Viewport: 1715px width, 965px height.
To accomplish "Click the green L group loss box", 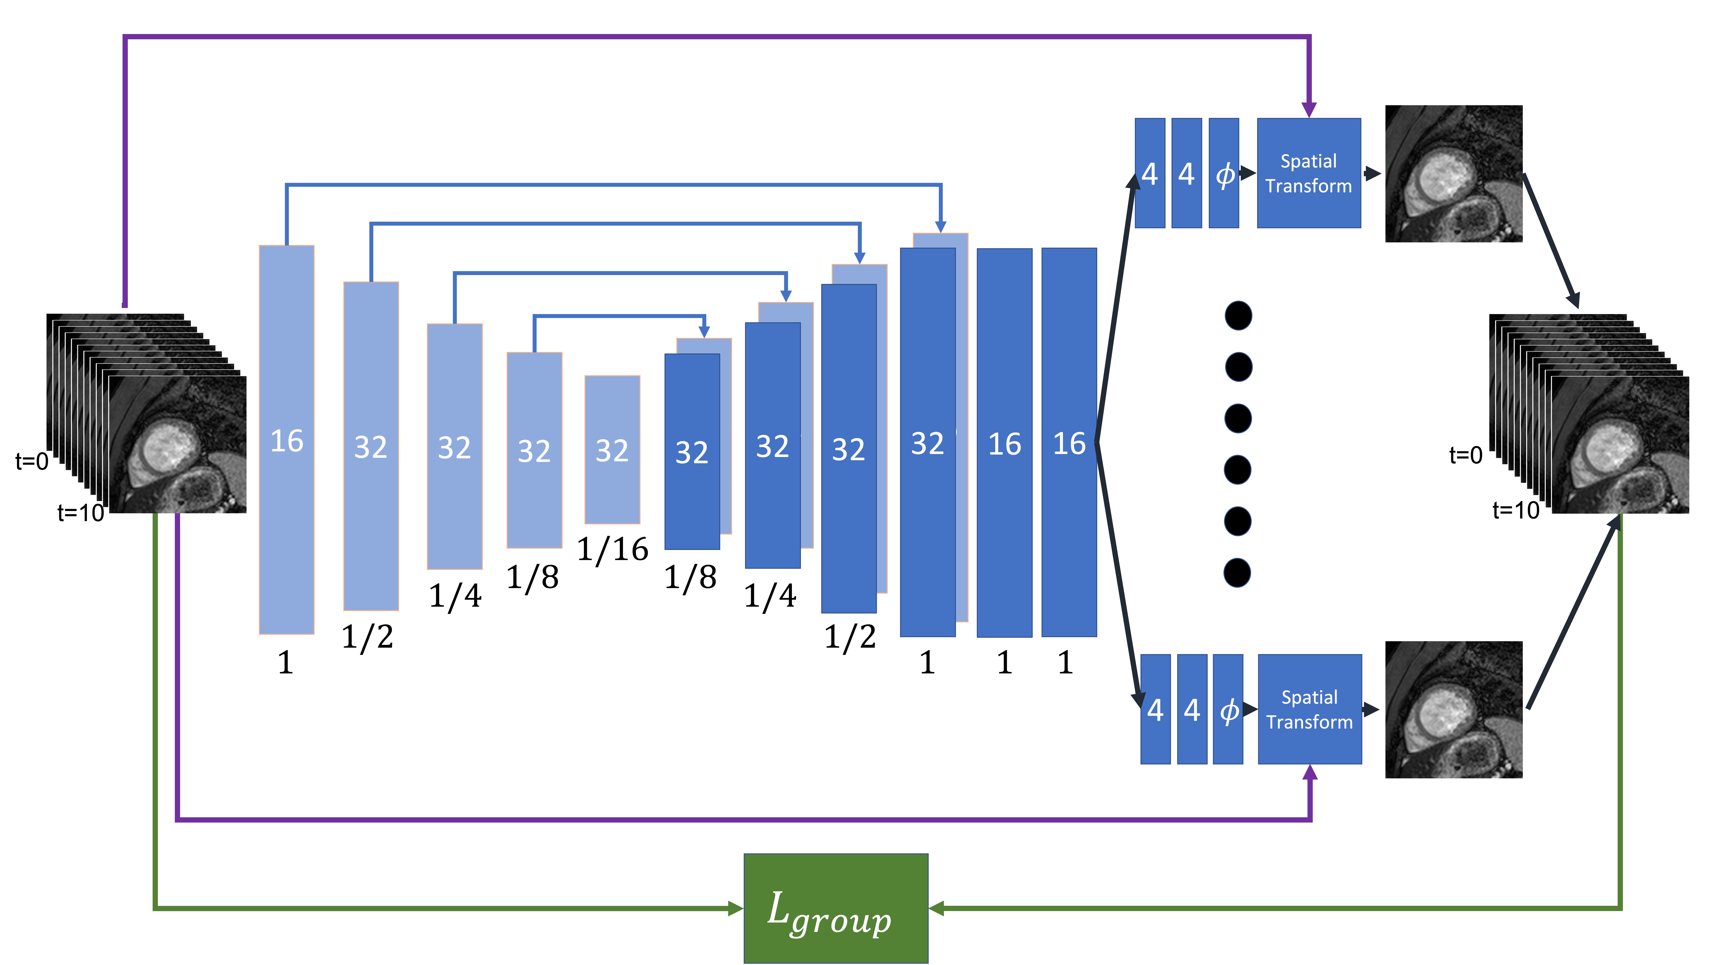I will (835, 908).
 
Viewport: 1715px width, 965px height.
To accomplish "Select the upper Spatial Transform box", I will (1308, 173).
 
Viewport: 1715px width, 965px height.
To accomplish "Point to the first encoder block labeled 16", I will (286, 439).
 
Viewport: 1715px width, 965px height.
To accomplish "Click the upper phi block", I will (1224, 173).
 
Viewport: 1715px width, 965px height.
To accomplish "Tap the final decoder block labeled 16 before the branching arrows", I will (1069, 443).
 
